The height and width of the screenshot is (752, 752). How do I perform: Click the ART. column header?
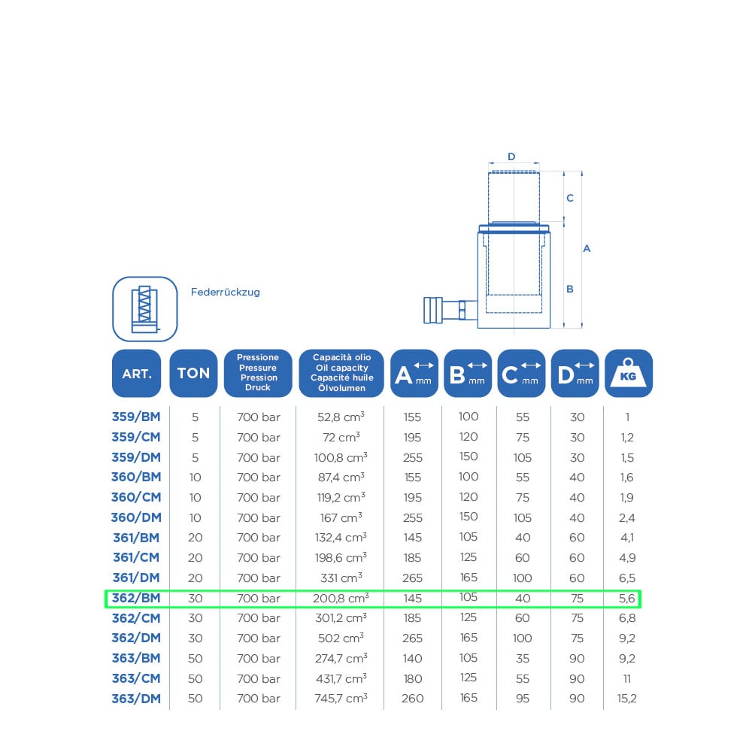click(136, 373)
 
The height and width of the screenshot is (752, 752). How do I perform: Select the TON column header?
click(193, 373)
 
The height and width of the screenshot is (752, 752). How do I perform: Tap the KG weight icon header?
click(628, 373)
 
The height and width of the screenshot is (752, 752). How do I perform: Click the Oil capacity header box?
click(341, 373)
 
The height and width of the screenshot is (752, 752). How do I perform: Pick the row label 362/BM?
click(136, 598)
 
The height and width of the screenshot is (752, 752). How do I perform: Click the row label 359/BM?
click(136, 417)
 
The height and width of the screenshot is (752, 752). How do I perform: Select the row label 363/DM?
click(136, 699)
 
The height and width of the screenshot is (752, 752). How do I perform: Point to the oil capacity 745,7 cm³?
click(341, 699)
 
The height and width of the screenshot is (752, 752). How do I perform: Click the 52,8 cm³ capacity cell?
click(341, 417)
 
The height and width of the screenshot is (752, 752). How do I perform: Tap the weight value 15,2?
click(627, 699)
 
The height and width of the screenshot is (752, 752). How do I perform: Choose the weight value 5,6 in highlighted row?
click(627, 598)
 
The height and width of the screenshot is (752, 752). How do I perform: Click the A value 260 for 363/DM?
click(412, 699)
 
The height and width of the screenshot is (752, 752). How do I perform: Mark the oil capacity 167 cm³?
click(341, 517)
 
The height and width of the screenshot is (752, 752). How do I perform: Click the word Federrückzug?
click(226, 292)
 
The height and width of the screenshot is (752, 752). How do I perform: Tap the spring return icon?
click(145, 309)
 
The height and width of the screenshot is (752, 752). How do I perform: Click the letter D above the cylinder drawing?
click(511, 157)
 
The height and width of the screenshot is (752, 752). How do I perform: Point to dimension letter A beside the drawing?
click(587, 248)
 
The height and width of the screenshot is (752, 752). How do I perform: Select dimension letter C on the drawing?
click(570, 198)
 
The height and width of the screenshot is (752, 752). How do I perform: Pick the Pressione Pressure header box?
click(258, 373)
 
